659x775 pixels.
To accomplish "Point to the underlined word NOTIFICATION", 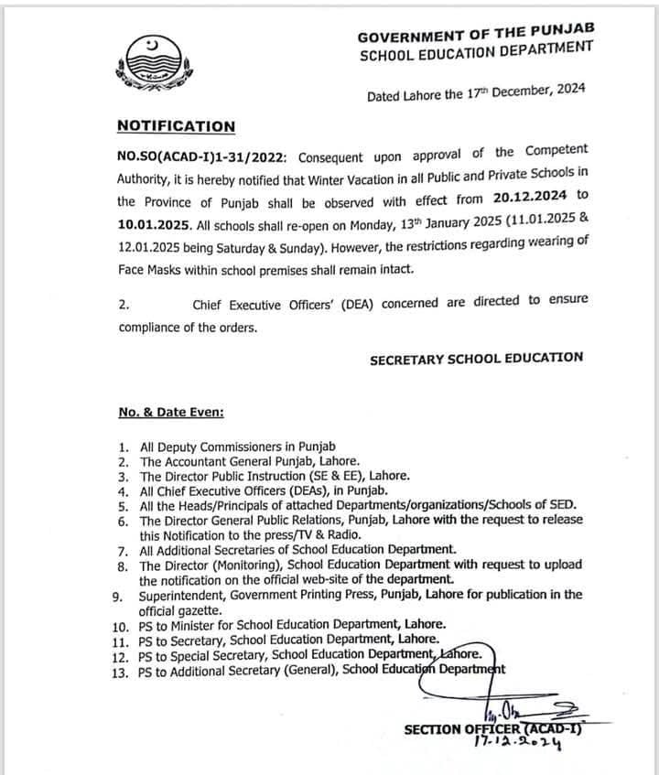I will click(x=177, y=126).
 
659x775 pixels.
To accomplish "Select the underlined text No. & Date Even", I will click(x=171, y=413).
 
